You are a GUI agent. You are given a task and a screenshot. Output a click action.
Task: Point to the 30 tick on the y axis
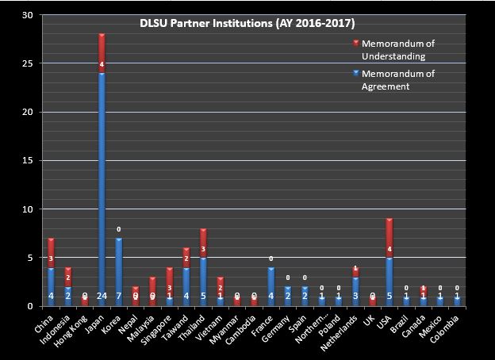28,15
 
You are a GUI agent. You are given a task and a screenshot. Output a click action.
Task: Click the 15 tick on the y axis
28,161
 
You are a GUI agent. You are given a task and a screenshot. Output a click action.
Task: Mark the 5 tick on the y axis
29,258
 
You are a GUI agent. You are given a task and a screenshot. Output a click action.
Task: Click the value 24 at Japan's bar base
102,297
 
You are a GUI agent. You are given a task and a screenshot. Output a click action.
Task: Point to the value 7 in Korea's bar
119,297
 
